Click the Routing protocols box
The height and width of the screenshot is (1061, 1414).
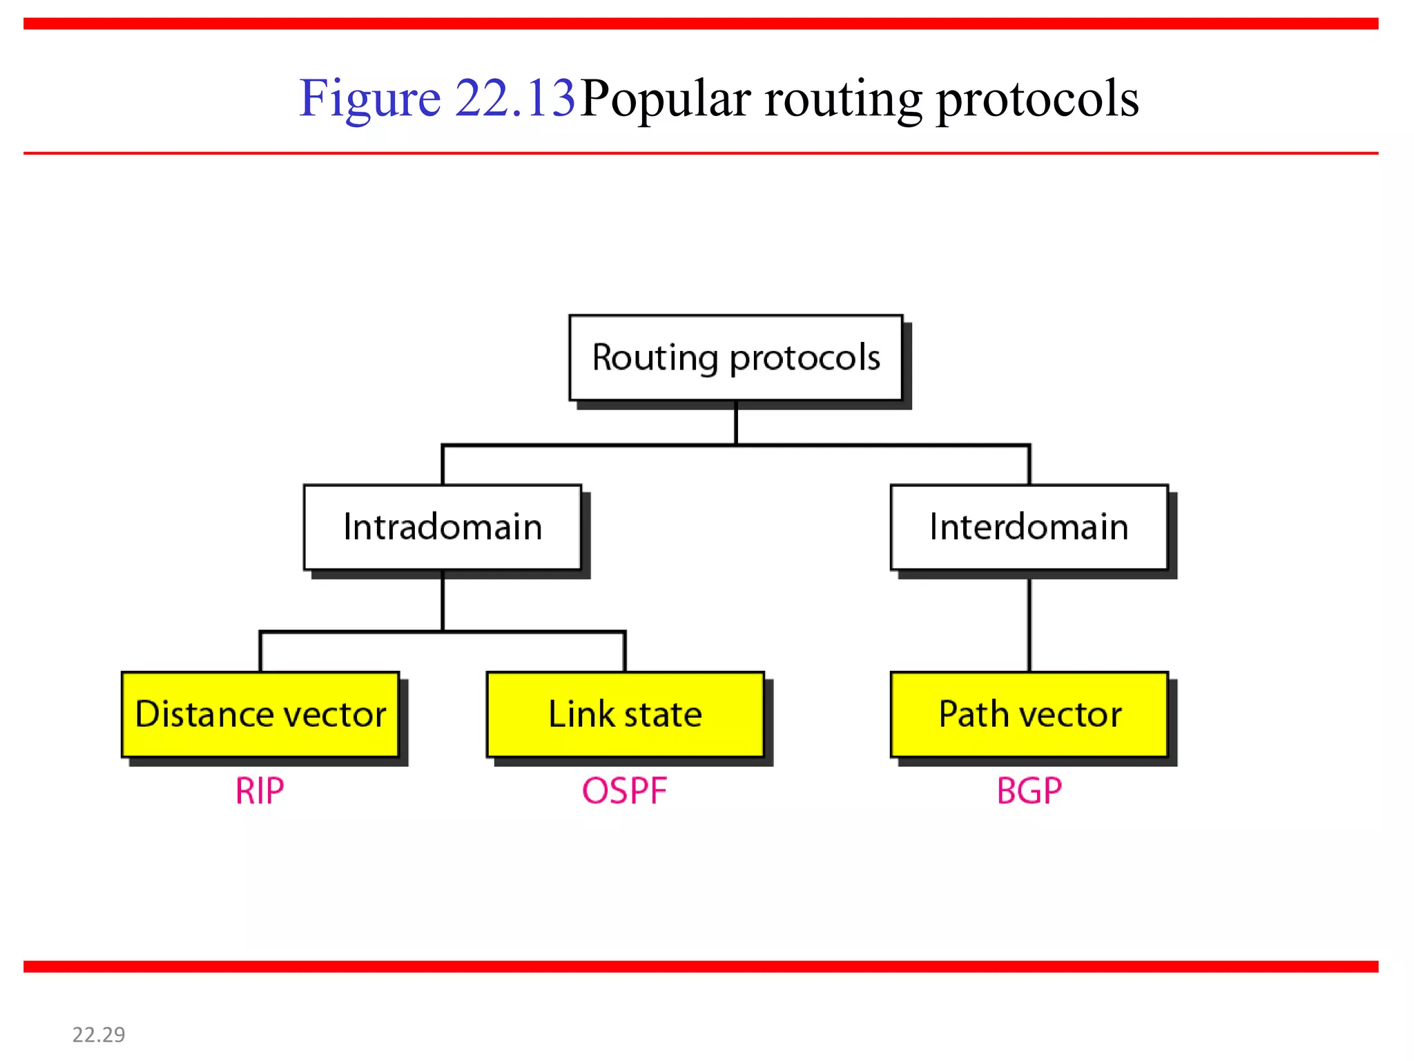tap(735, 358)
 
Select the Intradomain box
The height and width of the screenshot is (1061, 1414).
tap(443, 527)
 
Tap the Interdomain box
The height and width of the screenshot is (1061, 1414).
tap(1029, 527)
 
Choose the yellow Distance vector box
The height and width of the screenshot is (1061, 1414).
tap(260, 714)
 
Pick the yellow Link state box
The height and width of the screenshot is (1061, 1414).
tap(625, 714)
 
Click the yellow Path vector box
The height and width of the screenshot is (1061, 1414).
tap(1029, 714)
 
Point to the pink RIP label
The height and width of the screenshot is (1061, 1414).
tap(260, 791)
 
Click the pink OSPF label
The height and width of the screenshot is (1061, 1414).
tap(624, 791)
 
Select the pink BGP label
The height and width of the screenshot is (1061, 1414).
tap(1029, 791)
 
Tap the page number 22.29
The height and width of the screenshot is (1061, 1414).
tap(99, 1034)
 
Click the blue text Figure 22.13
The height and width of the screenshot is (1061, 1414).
tap(436, 98)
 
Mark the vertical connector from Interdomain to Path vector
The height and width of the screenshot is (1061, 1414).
tap(1029, 624)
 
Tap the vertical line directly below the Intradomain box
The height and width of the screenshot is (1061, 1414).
tap(443, 600)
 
